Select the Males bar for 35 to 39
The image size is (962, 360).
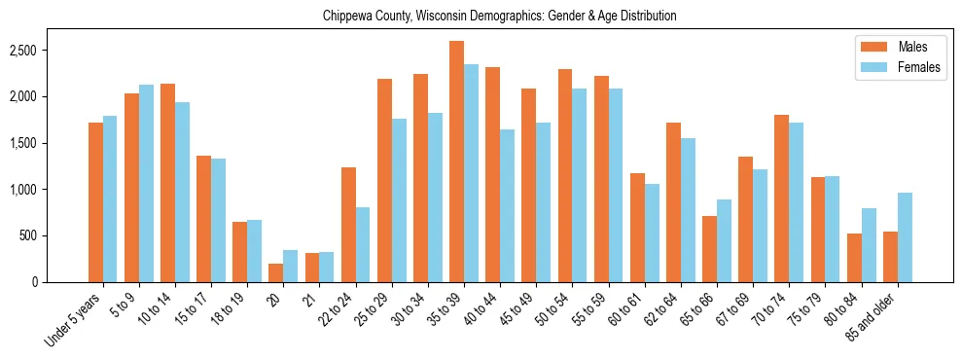(x=456, y=162)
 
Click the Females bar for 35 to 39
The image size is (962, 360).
(x=471, y=173)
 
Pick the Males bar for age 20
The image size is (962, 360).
(x=276, y=272)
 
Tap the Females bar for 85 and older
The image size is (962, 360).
(x=905, y=237)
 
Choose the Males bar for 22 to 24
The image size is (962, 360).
(x=348, y=225)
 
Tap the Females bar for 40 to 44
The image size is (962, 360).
(x=507, y=205)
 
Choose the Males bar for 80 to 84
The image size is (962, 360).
(x=854, y=258)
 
